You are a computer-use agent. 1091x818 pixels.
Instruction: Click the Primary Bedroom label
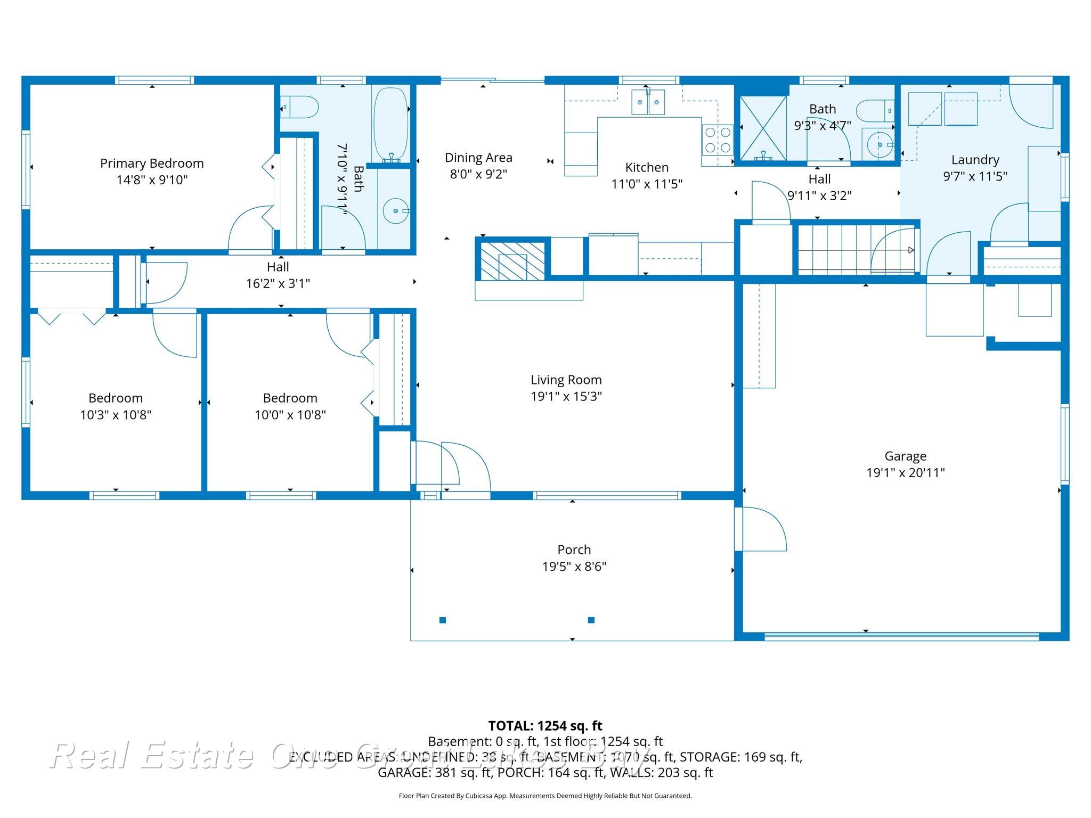(x=152, y=163)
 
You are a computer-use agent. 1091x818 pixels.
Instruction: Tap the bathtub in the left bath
(x=390, y=125)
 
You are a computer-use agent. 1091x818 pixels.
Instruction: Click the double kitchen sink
(x=648, y=102)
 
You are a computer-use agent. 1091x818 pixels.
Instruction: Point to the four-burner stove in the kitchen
(x=717, y=139)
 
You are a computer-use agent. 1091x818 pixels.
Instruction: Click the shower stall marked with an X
(x=763, y=128)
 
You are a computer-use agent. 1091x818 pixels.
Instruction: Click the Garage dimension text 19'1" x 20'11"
(x=905, y=472)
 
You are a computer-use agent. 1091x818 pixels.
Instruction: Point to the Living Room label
(x=566, y=380)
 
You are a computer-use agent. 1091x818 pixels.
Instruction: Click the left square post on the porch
(x=442, y=620)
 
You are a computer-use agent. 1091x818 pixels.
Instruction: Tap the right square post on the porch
(x=591, y=620)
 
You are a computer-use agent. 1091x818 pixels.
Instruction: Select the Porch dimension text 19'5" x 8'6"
(x=574, y=566)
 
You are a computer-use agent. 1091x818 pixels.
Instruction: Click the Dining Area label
(x=478, y=158)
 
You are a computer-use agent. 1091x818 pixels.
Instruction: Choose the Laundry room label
(x=975, y=160)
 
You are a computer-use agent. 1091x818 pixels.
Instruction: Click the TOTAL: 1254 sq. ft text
(x=545, y=725)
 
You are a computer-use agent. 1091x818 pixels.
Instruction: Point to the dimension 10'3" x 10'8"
(x=116, y=415)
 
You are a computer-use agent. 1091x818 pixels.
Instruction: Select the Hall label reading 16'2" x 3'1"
(x=278, y=283)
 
